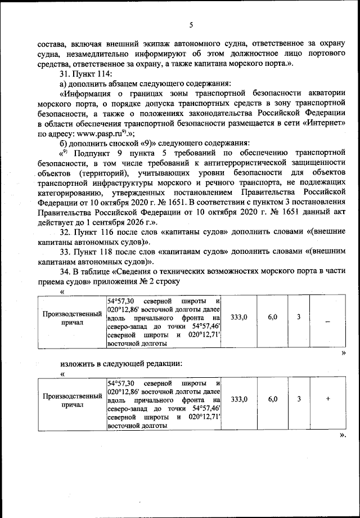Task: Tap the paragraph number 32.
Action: tap(64, 232)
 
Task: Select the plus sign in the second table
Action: tap(327, 399)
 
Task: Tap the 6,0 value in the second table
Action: tap(273, 399)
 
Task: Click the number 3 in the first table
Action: tap(299, 318)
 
